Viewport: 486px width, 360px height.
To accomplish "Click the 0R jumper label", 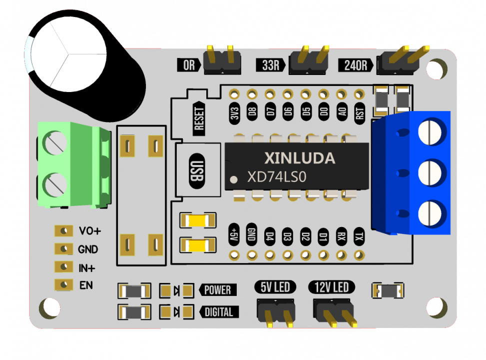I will (189, 65).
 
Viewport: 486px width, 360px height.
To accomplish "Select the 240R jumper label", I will (356, 65).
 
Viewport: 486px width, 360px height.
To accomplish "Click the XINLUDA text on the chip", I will (299, 158).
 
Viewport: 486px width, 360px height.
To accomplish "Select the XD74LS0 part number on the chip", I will (284, 177).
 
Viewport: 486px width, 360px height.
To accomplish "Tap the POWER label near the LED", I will (218, 290).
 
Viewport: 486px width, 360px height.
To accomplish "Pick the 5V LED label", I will (275, 287).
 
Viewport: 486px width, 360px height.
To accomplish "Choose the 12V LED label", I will (332, 287).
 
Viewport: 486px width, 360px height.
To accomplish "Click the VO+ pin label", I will (90, 231).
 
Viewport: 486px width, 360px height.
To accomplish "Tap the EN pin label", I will (86, 285).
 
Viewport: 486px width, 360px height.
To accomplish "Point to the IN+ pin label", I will (87, 268).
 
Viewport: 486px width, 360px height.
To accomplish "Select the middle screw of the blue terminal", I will (431, 172).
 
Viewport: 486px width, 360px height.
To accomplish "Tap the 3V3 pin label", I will (234, 113).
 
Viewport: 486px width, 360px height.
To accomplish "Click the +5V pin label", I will (234, 234).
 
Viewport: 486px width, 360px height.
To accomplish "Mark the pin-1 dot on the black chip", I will (233, 179).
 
